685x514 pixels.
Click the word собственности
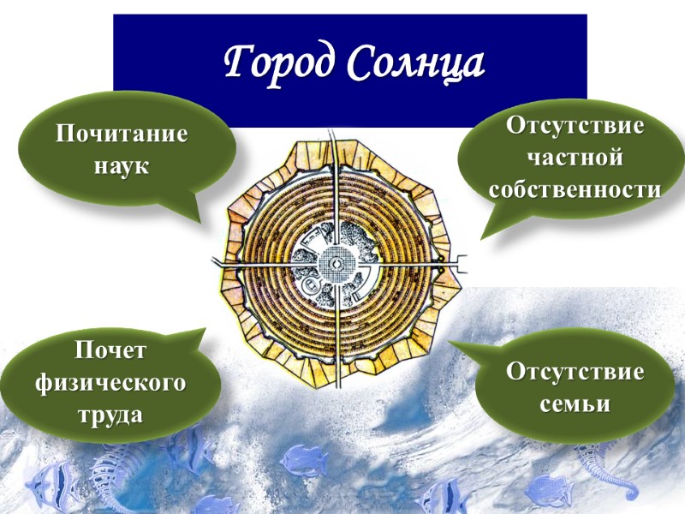575,188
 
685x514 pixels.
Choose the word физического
110,382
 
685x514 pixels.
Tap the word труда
110,414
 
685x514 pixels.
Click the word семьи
575,403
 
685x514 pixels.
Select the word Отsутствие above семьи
575,373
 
